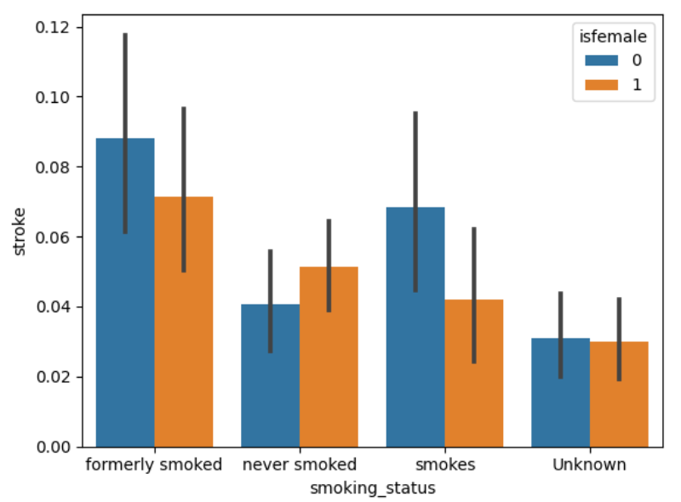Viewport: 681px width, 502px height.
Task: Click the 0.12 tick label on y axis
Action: pos(54,27)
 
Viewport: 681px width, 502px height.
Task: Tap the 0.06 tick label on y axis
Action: pos(54,237)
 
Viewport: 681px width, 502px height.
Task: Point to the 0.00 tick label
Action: pos(54,446)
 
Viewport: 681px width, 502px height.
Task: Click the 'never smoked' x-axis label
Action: pos(299,465)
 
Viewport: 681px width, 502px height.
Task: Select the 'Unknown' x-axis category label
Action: pos(589,465)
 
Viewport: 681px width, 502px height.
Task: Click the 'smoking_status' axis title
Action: pos(372,488)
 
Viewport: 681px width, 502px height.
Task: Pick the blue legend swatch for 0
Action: pos(597,60)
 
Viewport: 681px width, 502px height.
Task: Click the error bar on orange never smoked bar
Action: pos(329,265)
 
